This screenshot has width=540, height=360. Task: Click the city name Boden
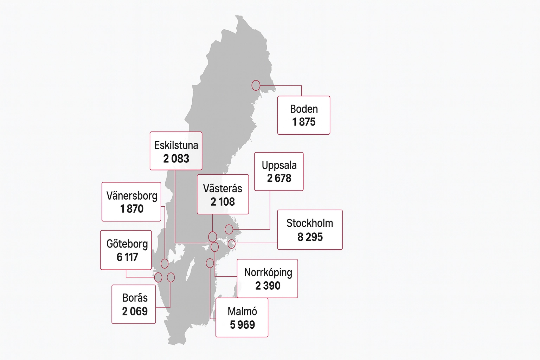[304, 109]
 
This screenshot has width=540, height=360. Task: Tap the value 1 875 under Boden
[304, 122]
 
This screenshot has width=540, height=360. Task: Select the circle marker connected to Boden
[256, 85]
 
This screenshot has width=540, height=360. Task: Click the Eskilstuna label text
[176, 145]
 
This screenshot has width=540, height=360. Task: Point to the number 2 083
[176, 159]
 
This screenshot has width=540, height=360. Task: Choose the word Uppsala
[279, 165]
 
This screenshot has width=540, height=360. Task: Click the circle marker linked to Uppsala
[229, 229]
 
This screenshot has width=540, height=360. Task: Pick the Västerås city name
[223, 188]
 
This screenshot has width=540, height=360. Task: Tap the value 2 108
[223, 202]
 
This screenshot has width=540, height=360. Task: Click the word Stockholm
[310, 223]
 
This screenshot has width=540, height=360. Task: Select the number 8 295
[310, 237]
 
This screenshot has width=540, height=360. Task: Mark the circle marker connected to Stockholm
[231, 243]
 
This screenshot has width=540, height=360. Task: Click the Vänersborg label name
[132, 196]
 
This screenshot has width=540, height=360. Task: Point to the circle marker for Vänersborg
[165, 263]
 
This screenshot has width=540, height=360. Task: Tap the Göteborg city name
[127, 244]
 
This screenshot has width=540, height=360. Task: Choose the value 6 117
[127, 257]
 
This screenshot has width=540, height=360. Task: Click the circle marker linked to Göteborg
[158, 277]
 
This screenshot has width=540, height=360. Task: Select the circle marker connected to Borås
[171, 277]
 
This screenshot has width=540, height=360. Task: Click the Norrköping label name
[268, 272]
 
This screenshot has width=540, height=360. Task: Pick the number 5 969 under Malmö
[242, 324]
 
